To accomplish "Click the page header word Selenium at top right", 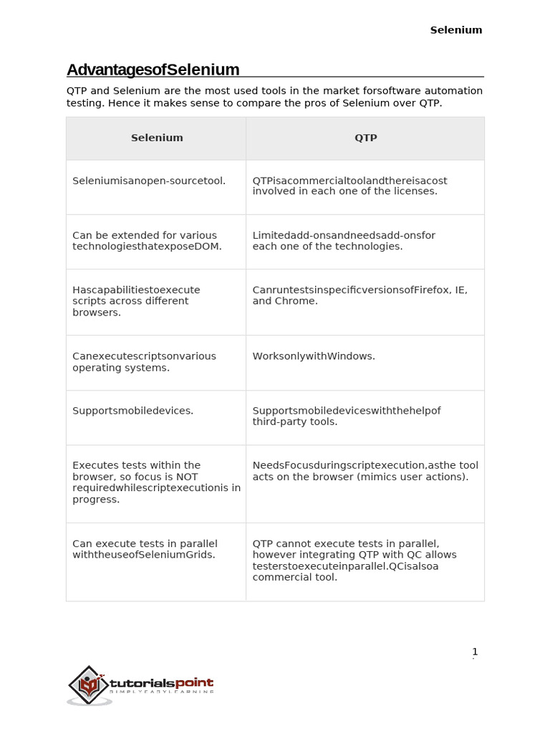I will point(455,30).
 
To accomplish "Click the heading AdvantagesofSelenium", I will point(153,70).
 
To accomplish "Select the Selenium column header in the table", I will point(157,138).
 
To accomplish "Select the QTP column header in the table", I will point(365,138).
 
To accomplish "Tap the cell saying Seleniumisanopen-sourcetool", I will point(149,181).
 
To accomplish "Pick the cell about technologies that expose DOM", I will point(147,241).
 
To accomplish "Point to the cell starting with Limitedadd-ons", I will point(344,241).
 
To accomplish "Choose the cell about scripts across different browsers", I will point(136,301).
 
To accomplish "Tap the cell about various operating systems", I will point(144,362).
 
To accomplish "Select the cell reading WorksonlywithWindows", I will point(314,356).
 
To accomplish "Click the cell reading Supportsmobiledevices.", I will point(132,411).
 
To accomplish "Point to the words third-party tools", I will point(294,422).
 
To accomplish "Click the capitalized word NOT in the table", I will point(186,477).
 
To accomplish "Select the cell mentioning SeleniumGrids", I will point(144,549).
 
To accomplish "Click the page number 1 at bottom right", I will point(474,652).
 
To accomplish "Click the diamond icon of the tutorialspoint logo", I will point(87,685).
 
